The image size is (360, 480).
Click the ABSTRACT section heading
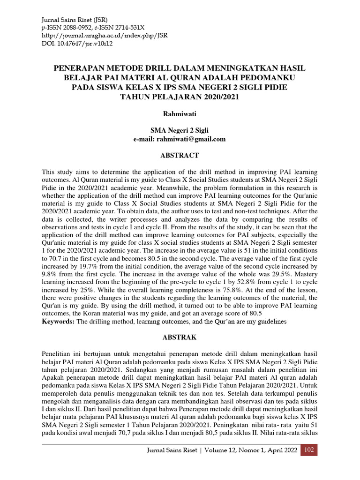pos(180,155)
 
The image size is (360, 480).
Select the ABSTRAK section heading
pos(180,337)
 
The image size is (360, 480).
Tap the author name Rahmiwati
pos(180,114)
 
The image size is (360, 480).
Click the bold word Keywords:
pos(58,322)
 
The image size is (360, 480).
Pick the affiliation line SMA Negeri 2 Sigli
pos(180,130)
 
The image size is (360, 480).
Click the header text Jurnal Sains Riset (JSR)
pos(75,20)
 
